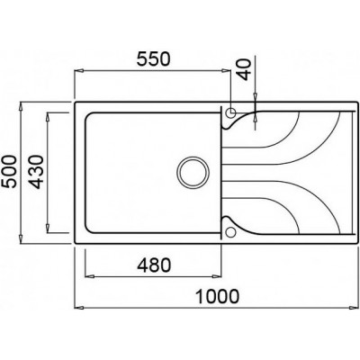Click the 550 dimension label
(153, 58)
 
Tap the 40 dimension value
(245, 69)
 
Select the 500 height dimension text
(9, 171)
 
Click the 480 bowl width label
(154, 265)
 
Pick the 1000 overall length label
(217, 296)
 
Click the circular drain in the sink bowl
(193, 172)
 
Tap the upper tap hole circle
(230, 112)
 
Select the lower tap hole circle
(230, 232)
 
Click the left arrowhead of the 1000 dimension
(78, 308)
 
